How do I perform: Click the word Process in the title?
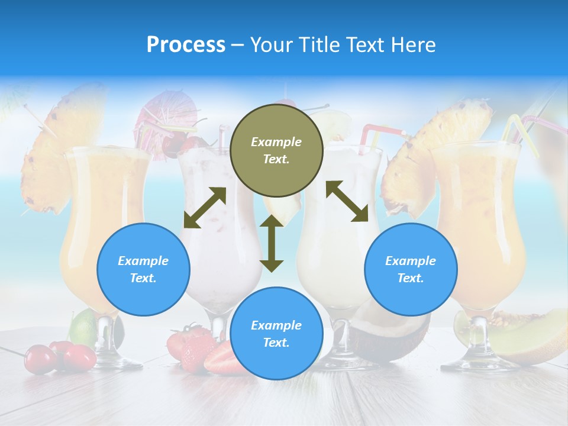point(186,45)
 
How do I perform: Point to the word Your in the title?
point(271,45)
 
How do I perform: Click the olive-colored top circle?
point(276,150)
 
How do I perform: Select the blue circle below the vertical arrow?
point(276,334)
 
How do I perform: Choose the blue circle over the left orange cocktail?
point(143,269)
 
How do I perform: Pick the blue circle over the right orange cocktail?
point(411,269)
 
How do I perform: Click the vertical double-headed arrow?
point(272,243)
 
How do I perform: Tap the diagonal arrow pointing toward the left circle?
point(205,208)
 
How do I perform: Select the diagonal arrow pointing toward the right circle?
point(347,201)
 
